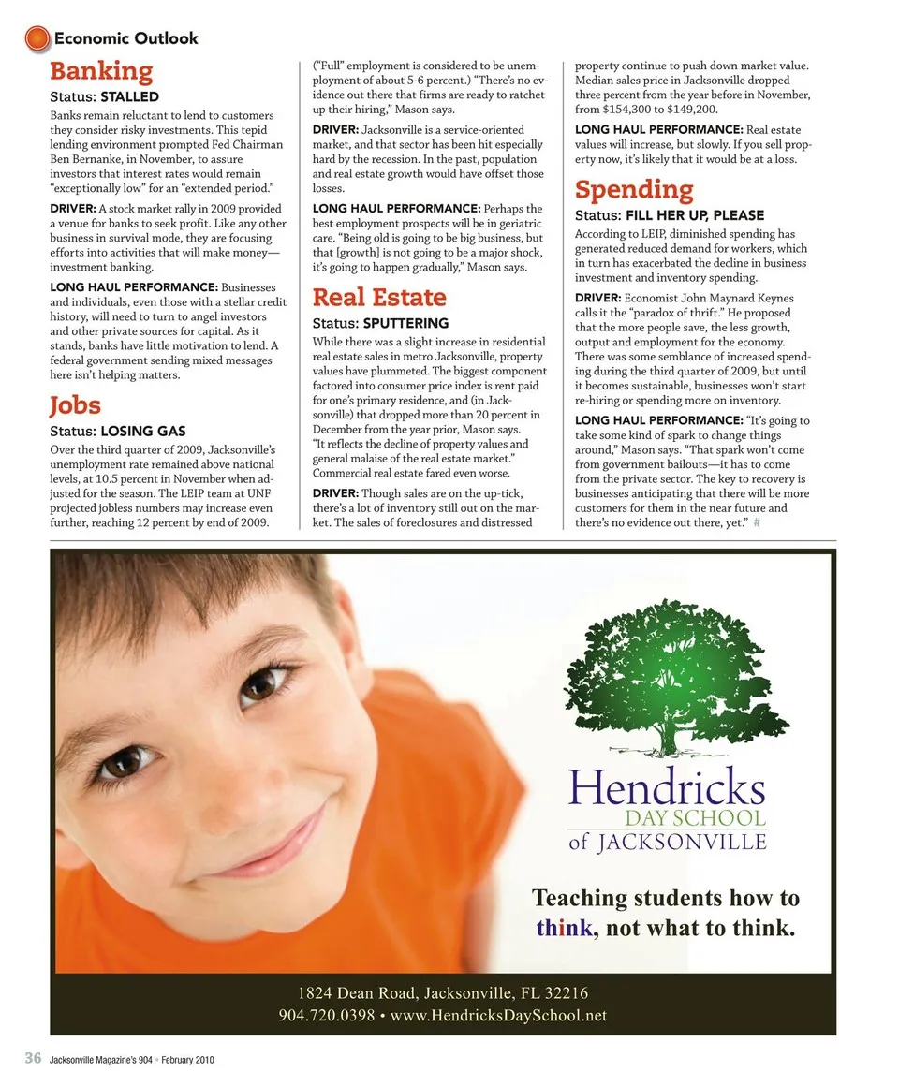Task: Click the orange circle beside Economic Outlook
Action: pyautogui.click(x=37, y=38)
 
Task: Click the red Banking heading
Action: pyautogui.click(x=101, y=71)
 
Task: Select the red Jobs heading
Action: pyautogui.click(x=75, y=405)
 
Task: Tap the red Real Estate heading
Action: pyautogui.click(x=379, y=298)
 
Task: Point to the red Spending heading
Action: pyautogui.click(x=634, y=190)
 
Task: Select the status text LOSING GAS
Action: pyautogui.click(x=142, y=432)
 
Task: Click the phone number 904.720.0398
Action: pyautogui.click(x=326, y=1016)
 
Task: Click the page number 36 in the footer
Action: pyautogui.click(x=33, y=1059)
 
